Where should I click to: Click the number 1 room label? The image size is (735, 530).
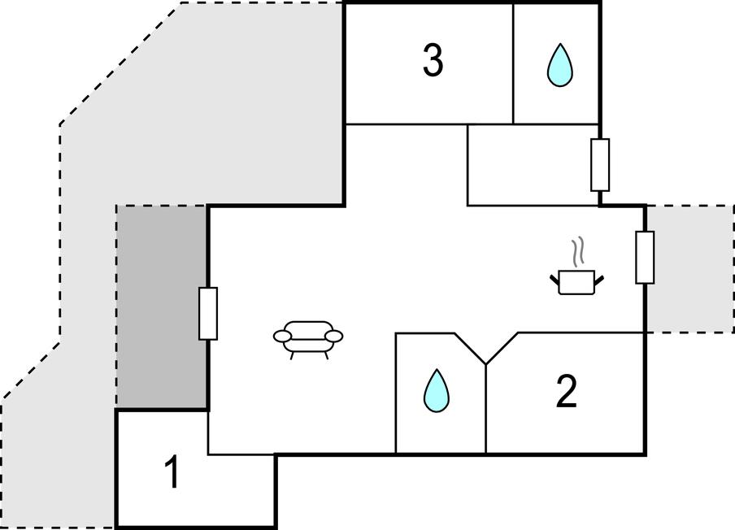pyautogui.click(x=172, y=474)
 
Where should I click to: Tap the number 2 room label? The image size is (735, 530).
pyautogui.click(x=566, y=393)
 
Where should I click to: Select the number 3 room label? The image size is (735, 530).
pyautogui.click(x=433, y=61)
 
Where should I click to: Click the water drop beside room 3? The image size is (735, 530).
pyautogui.click(x=559, y=65)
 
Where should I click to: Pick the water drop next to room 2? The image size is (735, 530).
pyautogui.click(x=436, y=391)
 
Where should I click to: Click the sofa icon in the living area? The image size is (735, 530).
pyautogui.click(x=308, y=336)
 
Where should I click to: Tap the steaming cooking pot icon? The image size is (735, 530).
pyautogui.click(x=577, y=280)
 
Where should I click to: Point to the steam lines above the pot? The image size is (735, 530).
pyautogui.click(x=578, y=252)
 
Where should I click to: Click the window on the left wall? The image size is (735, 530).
pyautogui.click(x=208, y=313)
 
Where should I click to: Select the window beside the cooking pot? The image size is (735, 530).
pyautogui.click(x=645, y=258)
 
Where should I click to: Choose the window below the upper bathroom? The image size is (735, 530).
pyautogui.click(x=600, y=165)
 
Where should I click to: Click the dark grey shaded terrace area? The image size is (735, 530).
pyautogui.click(x=162, y=306)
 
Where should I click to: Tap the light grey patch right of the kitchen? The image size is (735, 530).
pyautogui.click(x=689, y=268)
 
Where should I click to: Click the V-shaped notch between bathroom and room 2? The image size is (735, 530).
pyautogui.click(x=486, y=351)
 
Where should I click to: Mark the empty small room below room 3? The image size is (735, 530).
pyautogui.click(x=532, y=164)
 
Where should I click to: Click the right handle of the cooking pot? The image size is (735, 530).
pyautogui.click(x=600, y=279)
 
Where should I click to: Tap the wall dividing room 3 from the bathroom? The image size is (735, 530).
pyautogui.click(x=513, y=63)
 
